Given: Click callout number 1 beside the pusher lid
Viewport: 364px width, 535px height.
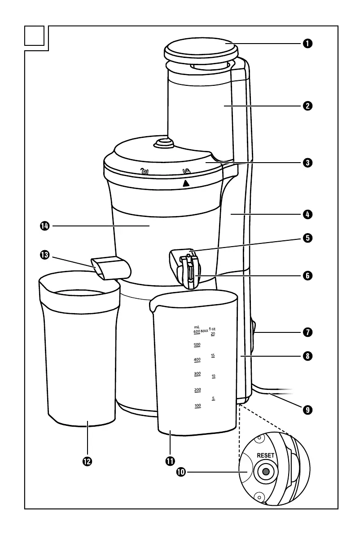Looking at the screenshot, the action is click(x=307, y=44).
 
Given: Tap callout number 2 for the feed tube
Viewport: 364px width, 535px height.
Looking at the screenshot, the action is click(x=307, y=106).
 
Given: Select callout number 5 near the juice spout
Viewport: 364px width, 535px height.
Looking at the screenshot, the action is click(x=307, y=238).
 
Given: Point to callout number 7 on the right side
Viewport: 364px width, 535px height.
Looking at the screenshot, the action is click(x=307, y=333).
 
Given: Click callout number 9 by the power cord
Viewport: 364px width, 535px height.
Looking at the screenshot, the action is click(x=307, y=410).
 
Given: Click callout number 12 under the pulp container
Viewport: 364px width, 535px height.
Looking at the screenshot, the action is click(x=87, y=461).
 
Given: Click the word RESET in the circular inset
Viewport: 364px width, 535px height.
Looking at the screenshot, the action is click(x=265, y=455).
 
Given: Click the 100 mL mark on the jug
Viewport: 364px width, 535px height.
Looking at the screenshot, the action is click(x=197, y=406).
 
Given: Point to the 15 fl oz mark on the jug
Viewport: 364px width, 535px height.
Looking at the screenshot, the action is click(x=213, y=355).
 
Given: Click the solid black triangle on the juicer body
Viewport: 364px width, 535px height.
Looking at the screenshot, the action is click(x=186, y=182).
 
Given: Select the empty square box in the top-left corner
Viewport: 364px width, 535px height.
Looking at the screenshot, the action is click(x=35, y=36).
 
